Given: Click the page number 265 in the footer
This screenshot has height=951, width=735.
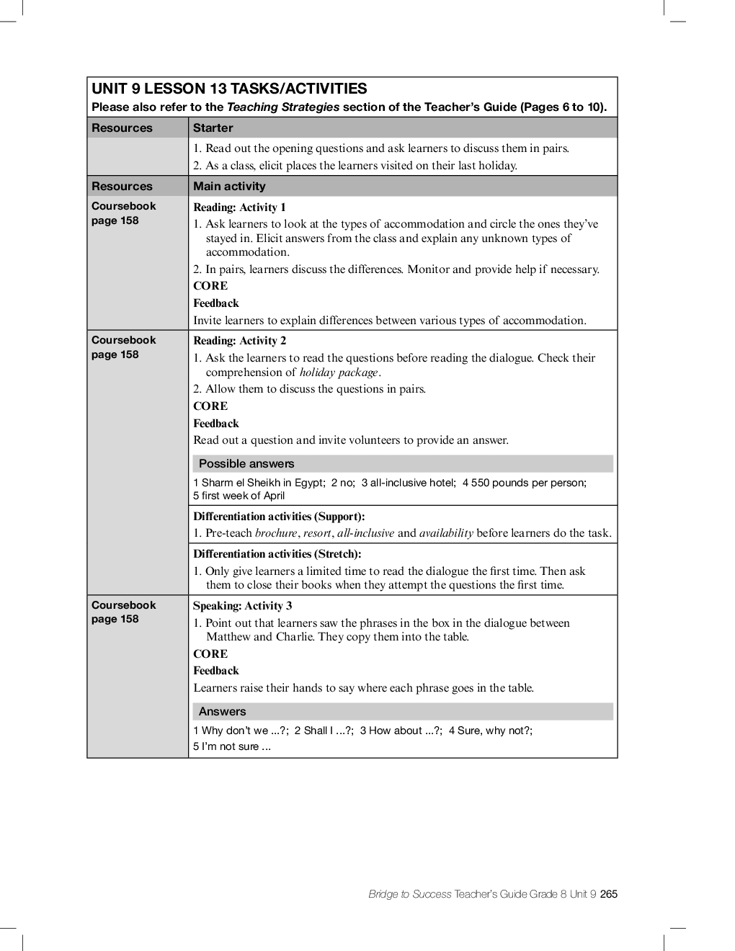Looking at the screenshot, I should point(609,894).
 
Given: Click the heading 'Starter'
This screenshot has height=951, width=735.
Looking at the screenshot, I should point(213,128).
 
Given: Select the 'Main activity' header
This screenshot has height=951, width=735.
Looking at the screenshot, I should point(229,186).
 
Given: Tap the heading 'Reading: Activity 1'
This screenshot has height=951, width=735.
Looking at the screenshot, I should point(239,207).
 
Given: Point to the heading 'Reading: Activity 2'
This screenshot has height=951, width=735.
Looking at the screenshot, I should point(239,341).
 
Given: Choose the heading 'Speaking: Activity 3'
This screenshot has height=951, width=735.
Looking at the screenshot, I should point(242,606).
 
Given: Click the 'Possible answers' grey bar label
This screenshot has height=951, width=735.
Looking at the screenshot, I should point(246,464).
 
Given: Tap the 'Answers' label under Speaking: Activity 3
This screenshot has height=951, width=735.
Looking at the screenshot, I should point(222,712).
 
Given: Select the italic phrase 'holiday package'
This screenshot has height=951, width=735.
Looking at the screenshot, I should point(339,372).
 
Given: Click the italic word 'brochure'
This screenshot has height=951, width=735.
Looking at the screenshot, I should point(276,534).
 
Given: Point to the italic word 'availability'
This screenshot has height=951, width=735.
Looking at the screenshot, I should point(446,534).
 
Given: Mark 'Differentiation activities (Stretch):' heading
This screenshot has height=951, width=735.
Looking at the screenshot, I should point(277,554).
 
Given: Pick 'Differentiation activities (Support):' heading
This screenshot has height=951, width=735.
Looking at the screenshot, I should point(279,517).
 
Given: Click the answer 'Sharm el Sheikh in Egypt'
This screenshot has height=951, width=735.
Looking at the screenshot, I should point(263,483).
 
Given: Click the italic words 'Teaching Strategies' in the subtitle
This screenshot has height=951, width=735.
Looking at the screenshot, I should point(283,107).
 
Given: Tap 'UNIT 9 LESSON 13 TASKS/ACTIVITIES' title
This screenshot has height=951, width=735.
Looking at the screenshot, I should point(229,89).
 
